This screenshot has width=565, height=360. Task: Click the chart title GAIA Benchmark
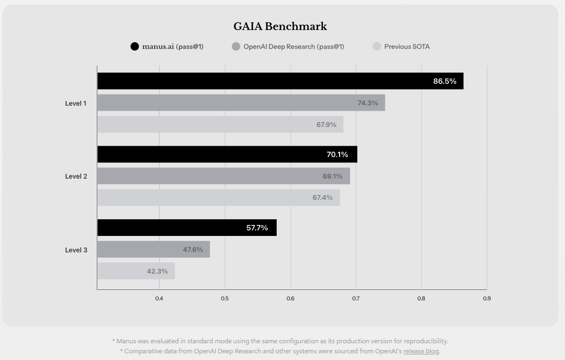(x=280, y=27)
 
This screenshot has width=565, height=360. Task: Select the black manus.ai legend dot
(x=135, y=47)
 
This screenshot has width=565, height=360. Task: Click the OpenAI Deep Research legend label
(x=293, y=47)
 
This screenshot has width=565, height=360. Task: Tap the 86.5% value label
(x=444, y=81)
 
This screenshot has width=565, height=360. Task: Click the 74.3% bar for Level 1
(x=241, y=103)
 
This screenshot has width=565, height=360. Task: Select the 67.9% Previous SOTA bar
(x=220, y=125)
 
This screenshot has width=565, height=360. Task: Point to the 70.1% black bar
(x=227, y=155)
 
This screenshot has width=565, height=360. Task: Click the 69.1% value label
(x=332, y=176)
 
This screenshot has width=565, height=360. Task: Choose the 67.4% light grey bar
(x=218, y=198)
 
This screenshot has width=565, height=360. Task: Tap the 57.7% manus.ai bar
(x=186, y=228)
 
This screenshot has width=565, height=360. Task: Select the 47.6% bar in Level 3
(x=153, y=249)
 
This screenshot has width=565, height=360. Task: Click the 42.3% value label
(x=157, y=271)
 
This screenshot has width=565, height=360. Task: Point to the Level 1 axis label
(x=76, y=103)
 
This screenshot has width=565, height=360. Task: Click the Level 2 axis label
(x=76, y=176)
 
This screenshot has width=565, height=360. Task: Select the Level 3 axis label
(x=76, y=250)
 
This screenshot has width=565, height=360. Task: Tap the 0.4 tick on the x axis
(x=159, y=299)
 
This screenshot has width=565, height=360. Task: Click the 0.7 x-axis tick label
(x=356, y=299)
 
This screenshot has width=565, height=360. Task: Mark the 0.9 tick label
(x=487, y=299)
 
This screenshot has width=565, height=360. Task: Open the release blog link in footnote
(x=421, y=351)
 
